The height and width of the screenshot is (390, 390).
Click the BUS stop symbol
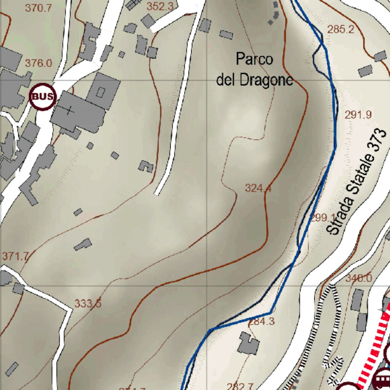(43, 97)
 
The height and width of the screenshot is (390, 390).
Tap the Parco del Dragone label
(255, 70)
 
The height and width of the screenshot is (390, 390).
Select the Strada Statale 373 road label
(357, 182)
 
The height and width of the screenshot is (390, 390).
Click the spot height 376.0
(38, 63)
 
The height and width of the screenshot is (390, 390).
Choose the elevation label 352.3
(160, 6)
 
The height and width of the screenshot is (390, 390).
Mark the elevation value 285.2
(340, 29)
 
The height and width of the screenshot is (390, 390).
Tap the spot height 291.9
(358, 114)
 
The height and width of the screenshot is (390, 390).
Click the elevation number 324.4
(258, 188)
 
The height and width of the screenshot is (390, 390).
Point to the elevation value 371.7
(15, 256)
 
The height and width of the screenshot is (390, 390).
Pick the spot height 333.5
(88, 304)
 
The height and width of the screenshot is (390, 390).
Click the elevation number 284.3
(261, 321)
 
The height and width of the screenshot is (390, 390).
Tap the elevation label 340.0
(358, 278)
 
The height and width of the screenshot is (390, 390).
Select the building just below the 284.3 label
(248, 343)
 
